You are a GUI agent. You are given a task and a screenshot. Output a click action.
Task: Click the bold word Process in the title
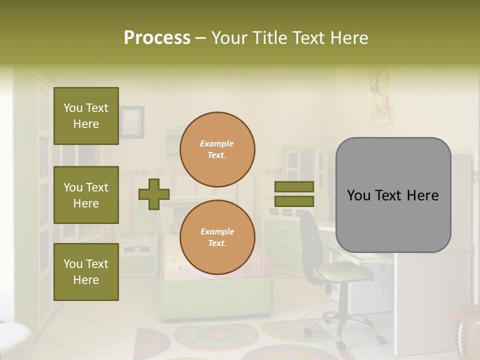tap(157, 38)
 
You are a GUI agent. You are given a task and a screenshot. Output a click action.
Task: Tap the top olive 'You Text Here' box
tap(86, 116)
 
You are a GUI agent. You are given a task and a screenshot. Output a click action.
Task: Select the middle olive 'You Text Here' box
tap(86, 195)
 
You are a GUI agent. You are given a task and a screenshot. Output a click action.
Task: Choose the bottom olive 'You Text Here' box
tap(86, 272)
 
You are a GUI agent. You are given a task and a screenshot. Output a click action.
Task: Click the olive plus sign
tap(154, 194)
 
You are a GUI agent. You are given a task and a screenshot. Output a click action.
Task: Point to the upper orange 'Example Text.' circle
tap(217, 149)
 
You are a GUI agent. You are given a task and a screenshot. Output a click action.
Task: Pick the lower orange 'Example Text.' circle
tap(217, 237)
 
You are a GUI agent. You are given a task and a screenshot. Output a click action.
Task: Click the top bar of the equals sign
tap(294, 186)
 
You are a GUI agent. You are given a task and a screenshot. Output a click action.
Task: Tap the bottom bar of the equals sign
tap(294, 201)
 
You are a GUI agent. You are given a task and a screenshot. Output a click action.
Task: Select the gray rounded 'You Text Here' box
tap(393, 195)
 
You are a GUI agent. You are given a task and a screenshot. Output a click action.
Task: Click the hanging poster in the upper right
tap(380, 97)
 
